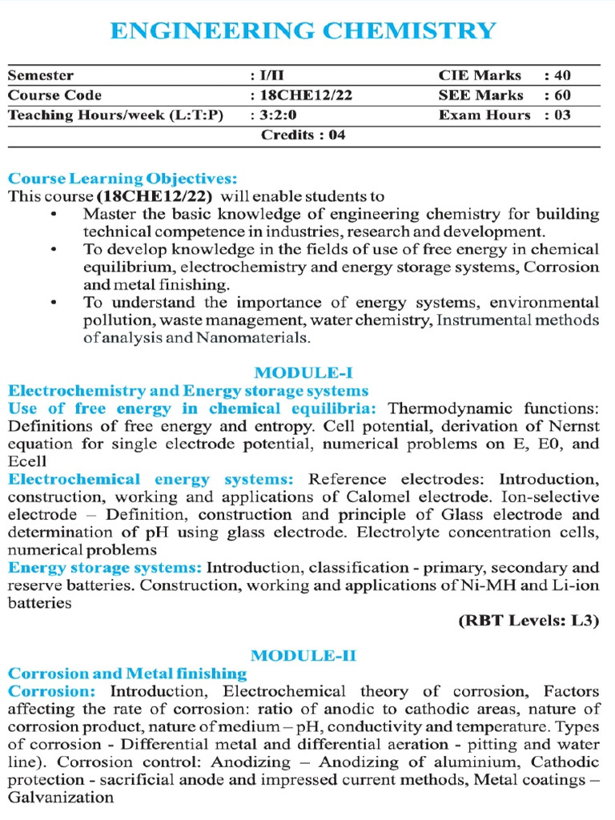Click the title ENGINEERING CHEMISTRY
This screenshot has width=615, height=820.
(x=303, y=30)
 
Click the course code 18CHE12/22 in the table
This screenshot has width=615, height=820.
(x=305, y=95)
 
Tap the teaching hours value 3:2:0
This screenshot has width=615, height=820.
(x=275, y=115)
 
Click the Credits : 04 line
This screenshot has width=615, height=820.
(x=303, y=135)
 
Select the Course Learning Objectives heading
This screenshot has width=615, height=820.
(x=123, y=179)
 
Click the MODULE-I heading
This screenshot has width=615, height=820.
(x=303, y=373)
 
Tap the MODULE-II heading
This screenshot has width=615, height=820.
(x=303, y=655)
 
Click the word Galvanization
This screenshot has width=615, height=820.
(x=61, y=797)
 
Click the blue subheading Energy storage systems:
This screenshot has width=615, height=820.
(x=105, y=568)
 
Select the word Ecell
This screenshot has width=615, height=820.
(x=28, y=462)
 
